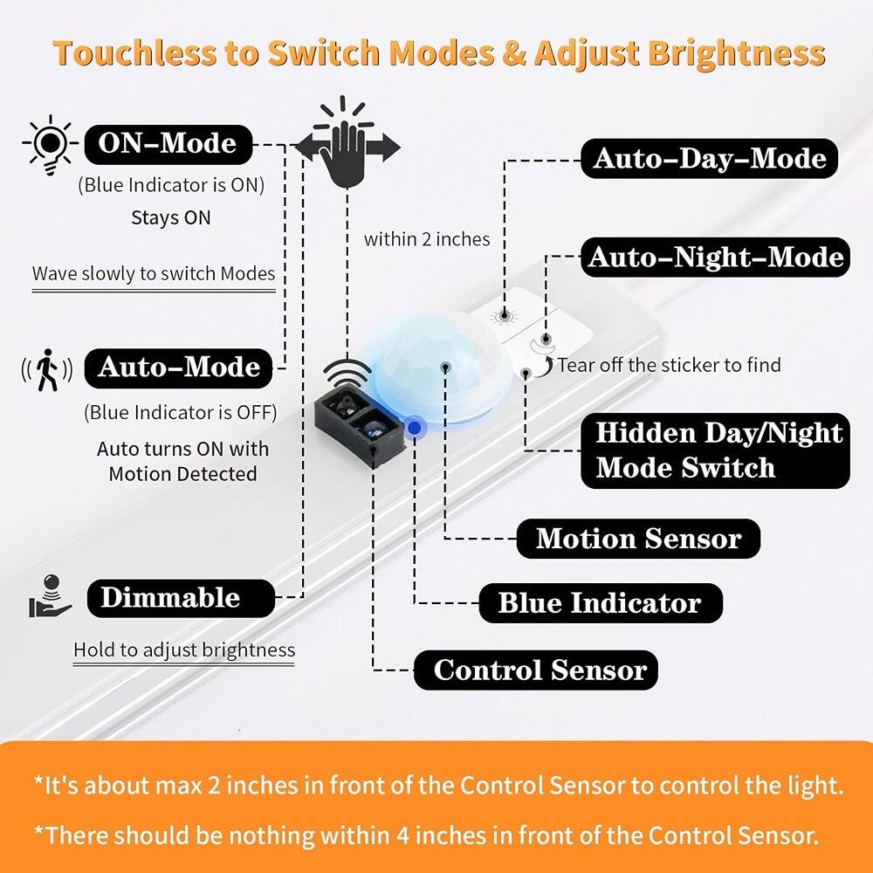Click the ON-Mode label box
click(168, 143)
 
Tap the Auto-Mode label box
click(179, 367)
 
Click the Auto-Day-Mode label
click(709, 158)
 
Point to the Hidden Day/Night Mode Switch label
click(715, 450)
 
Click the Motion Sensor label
click(638, 539)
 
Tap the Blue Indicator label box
click(600, 603)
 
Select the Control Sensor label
click(540, 670)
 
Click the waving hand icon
click(347, 144)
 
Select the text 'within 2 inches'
click(427, 238)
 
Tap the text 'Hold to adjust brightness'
click(184, 650)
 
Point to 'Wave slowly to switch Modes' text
click(154, 273)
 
